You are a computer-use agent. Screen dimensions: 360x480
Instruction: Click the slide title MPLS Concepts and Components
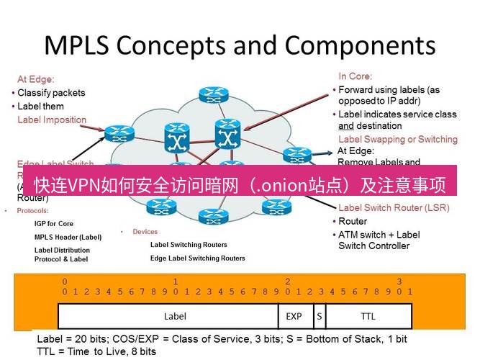pos(240,45)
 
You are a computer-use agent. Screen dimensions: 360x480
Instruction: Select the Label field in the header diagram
pos(175,316)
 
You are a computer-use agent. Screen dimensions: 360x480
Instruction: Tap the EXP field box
pos(294,316)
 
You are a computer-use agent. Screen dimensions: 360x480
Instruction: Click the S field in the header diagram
pos(318,316)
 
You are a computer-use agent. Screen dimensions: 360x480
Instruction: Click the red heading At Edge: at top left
pos(36,79)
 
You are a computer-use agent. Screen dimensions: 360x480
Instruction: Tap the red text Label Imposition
pos(52,120)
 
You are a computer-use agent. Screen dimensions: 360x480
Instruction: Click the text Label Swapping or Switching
pos(397,139)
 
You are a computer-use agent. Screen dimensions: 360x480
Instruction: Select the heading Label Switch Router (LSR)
pos(394,208)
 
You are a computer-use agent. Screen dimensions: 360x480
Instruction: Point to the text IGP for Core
pos(54,224)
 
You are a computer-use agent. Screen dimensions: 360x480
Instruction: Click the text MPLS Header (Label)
pos(68,237)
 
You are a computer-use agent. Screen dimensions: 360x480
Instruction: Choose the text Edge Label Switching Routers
pos(197,258)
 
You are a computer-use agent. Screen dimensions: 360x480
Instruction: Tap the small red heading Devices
pos(145,232)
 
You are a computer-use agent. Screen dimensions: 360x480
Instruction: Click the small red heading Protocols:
pos(31,211)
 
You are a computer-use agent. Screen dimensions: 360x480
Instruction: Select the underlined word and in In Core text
pos(345,126)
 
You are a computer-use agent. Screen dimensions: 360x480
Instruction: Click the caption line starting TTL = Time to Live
pos(96,351)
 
